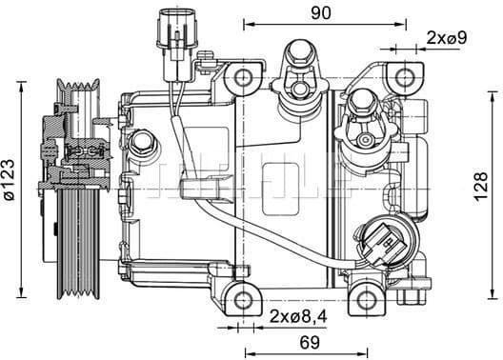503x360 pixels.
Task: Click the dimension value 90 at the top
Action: click(x=320, y=12)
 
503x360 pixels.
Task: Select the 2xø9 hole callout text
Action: click(x=447, y=38)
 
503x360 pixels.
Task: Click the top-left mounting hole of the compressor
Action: click(x=244, y=76)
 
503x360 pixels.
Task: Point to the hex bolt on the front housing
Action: click(x=144, y=144)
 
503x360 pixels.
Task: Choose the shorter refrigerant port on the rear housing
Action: click(x=363, y=114)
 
